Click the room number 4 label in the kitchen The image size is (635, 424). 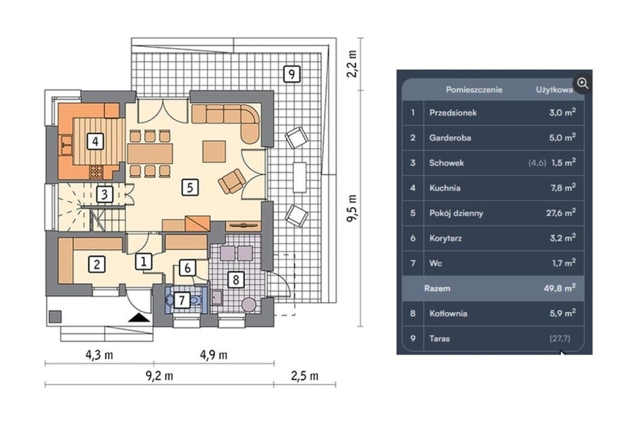coord(95,141)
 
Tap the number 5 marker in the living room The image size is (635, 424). coord(190,187)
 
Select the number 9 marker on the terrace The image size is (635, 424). coord(292,74)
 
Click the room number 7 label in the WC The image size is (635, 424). coord(182,300)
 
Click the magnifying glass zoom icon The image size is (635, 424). coord(582,83)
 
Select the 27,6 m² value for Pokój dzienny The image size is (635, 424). coord(561,212)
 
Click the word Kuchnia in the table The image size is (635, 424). coord(445,188)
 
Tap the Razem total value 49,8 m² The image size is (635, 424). coord(560,288)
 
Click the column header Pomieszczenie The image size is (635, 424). coord(474,90)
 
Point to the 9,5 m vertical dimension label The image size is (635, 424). coord(352,209)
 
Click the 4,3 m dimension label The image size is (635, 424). coord(99,355)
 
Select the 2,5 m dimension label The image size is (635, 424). coord(305,376)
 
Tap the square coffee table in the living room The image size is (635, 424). coord(214,151)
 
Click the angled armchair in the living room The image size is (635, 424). coord(232,182)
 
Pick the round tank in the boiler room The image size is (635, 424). coord(249,305)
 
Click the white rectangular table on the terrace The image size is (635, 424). coord(300,177)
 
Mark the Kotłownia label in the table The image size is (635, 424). coord(448,313)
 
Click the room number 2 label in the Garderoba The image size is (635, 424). coord(97,265)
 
